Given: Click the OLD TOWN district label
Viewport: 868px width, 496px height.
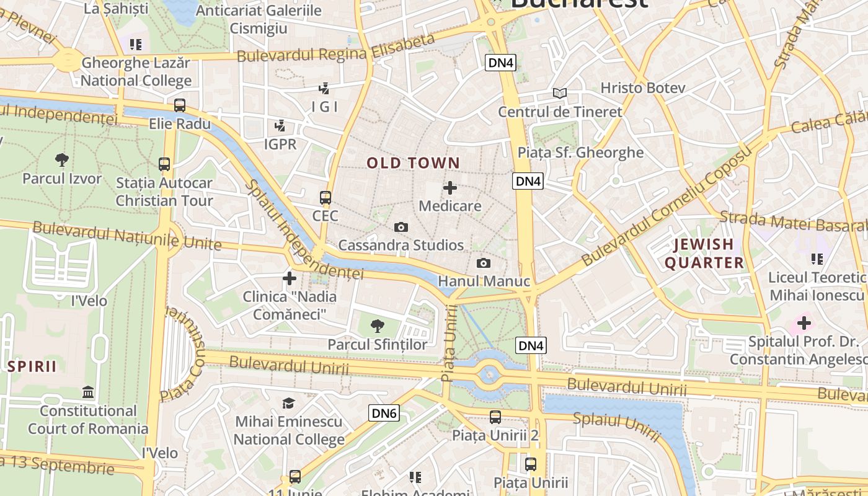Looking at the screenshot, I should click(x=413, y=163).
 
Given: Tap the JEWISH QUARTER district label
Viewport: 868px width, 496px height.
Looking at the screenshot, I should click(x=704, y=254).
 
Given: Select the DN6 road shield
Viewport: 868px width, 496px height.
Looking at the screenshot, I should click(x=384, y=413).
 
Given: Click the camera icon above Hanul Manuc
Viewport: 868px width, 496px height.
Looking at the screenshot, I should click(x=483, y=263).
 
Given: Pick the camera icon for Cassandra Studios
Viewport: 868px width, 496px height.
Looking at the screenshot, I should click(x=401, y=228).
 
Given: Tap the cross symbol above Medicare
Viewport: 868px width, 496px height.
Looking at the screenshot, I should click(x=450, y=188).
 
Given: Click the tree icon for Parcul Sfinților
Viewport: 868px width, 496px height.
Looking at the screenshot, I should click(x=377, y=326).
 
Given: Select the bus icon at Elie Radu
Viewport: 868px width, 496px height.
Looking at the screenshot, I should click(x=180, y=105).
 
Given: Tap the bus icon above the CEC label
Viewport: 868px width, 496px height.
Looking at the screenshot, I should click(x=325, y=198).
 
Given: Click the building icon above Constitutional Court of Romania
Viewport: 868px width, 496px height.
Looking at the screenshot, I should click(x=88, y=392).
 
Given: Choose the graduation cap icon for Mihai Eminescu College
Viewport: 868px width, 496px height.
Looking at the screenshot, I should click(x=288, y=404).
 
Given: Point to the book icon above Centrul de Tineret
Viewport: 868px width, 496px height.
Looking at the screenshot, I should click(x=560, y=94).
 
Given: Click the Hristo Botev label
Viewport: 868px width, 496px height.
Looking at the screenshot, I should click(x=643, y=88).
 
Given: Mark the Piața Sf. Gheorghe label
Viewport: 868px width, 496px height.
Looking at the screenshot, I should click(x=580, y=153).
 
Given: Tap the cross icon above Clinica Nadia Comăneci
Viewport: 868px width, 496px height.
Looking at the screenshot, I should click(x=289, y=278).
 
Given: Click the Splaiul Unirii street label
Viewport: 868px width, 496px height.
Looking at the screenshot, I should click(x=616, y=427).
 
